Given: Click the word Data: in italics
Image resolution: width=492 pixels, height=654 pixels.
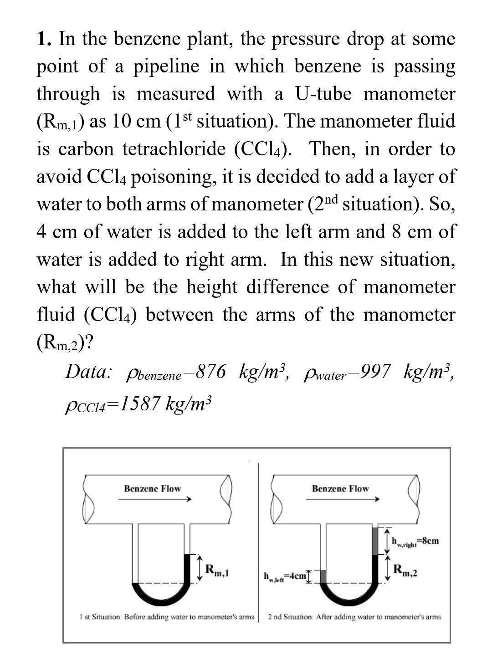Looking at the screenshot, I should [88, 372].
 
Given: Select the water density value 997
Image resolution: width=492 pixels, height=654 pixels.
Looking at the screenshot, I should [374, 372].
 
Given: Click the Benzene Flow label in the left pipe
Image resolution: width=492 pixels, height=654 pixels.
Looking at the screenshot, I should [152, 489].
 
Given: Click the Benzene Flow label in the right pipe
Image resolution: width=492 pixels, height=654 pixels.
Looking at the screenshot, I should [340, 489].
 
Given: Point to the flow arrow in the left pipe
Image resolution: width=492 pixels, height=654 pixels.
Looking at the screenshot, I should [155, 499].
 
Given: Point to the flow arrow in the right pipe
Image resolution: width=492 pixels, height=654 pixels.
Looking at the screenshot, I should [343, 499].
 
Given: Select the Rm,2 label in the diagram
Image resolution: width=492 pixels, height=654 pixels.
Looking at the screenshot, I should [405, 570].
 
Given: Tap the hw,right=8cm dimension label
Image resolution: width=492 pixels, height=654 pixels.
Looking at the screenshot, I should [415, 542].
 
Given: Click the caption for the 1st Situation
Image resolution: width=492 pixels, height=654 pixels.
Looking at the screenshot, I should [166, 617].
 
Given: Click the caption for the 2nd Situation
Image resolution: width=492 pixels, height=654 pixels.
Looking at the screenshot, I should [354, 617].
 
